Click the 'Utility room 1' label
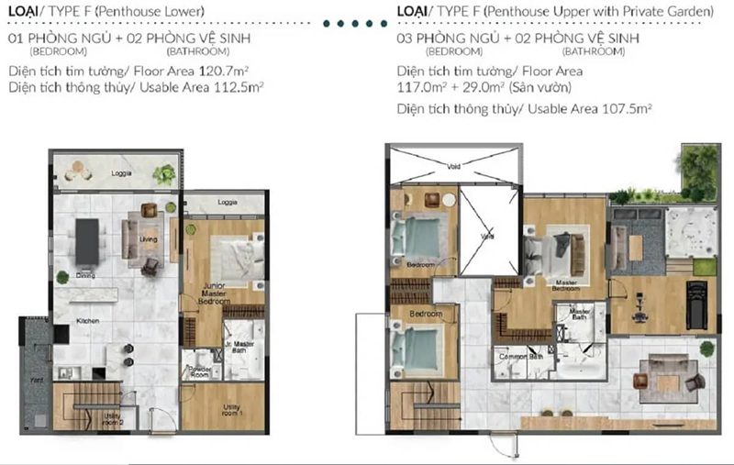point(238,413)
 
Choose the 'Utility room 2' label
point(113,420)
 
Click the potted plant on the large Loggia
point(164,172)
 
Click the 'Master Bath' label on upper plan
point(579,315)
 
